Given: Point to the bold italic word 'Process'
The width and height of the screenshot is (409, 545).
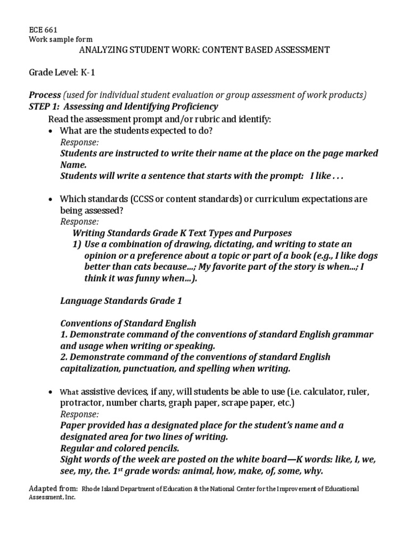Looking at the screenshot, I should pyautogui.click(x=44, y=95).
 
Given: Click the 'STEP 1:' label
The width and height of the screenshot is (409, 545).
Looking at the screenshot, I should pyautogui.click(x=46, y=106).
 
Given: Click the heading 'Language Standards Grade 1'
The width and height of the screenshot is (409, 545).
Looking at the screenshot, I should pyautogui.click(x=121, y=301).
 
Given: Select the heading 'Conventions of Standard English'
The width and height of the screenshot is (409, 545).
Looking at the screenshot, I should pyautogui.click(x=128, y=323).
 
